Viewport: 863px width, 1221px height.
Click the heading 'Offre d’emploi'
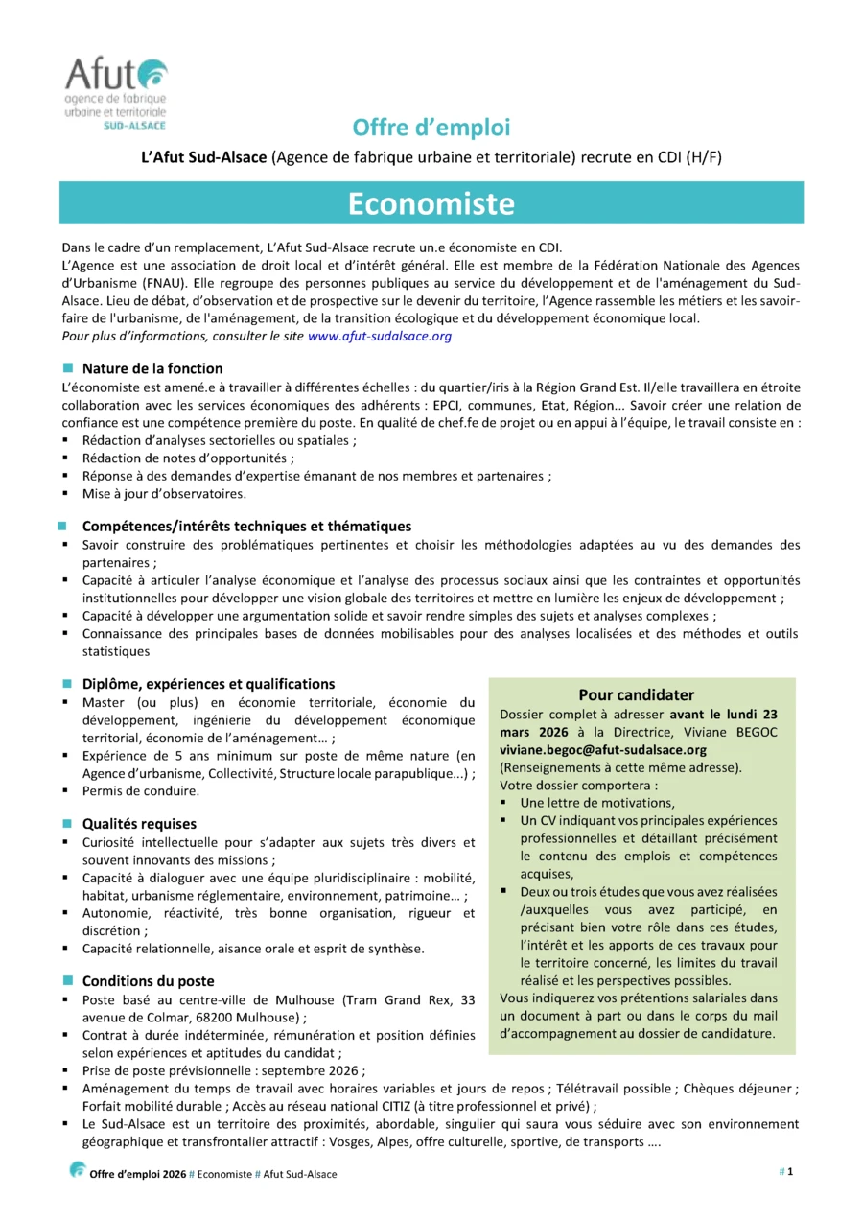click(431, 128)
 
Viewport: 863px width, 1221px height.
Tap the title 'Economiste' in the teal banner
click(431, 203)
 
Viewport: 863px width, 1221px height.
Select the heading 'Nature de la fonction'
click(152, 368)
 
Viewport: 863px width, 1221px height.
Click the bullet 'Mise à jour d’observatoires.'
click(164, 494)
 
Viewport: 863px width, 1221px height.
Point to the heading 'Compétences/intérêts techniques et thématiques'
click(246, 526)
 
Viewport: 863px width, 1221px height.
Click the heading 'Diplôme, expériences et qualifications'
click(208, 684)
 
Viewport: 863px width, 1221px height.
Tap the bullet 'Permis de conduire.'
click(141, 791)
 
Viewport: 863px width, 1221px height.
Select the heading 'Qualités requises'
click(139, 823)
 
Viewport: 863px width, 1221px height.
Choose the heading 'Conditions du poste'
click(148, 981)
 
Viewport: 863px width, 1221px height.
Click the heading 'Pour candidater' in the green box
click(636, 694)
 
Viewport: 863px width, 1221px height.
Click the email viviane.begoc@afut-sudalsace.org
click(602, 750)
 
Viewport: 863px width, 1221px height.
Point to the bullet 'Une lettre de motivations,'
click(597, 803)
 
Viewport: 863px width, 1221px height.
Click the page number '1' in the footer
click(790, 1171)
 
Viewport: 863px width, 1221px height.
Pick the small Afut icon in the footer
click(78, 1170)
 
